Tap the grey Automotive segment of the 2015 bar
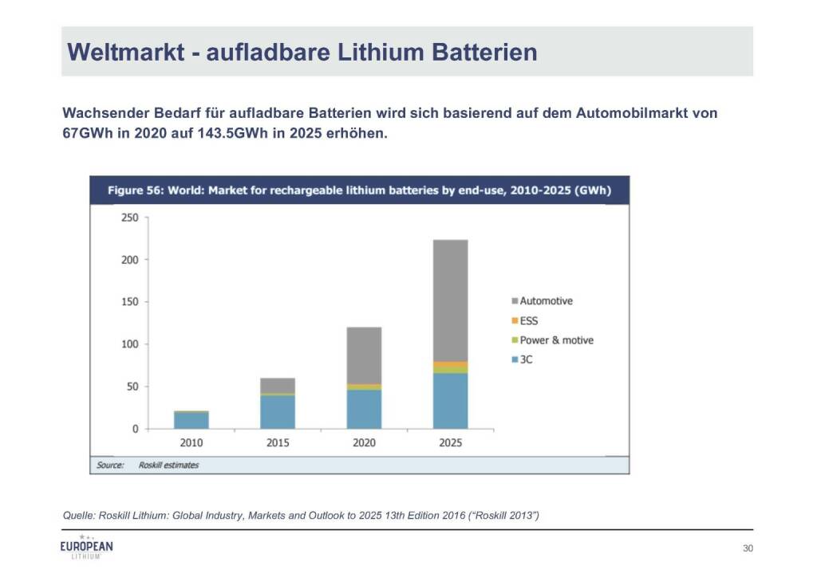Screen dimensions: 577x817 [278, 385]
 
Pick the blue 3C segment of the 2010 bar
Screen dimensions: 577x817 [191, 420]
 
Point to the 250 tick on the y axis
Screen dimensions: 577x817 [129, 218]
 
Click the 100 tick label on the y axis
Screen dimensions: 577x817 [129, 344]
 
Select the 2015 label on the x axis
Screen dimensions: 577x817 [278, 443]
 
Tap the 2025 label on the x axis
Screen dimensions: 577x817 [450, 443]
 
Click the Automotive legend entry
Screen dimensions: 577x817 [546, 301]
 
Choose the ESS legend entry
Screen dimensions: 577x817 [529, 321]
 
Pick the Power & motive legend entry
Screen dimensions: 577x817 [556, 340]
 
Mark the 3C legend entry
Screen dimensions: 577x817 [526, 359]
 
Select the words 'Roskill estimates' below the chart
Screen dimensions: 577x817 [168, 465]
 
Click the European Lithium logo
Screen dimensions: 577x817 [87, 548]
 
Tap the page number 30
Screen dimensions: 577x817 [748, 548]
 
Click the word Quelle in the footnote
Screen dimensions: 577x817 [77, 516]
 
